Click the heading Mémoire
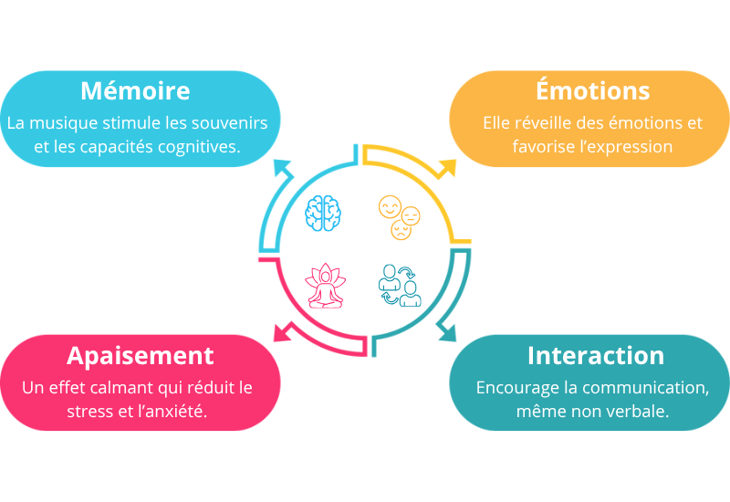coord(135,90)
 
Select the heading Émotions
coord(592,89)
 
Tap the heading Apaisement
coord(141,356)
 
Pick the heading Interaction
coord(596,355)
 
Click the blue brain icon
coord(323,213)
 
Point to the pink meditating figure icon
coord(325,286)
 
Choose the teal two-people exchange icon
coord(400,285)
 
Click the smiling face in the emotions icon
coord(390,207)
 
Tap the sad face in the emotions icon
coord(401,230)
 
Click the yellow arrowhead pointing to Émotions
coord(447,168)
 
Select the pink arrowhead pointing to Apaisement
coord(283,332)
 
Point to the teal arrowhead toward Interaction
coord(447,331)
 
